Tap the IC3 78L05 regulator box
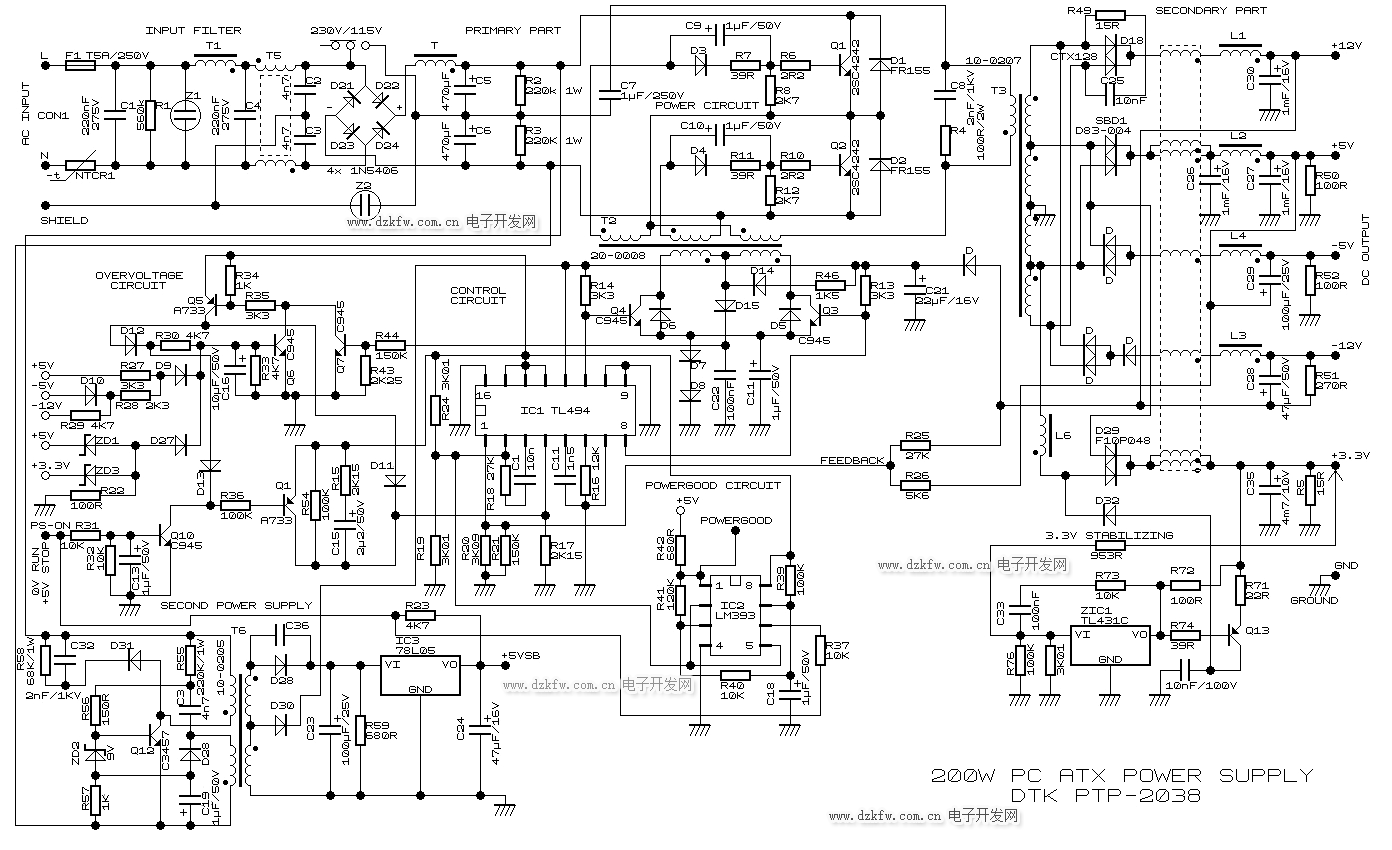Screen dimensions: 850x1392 420,675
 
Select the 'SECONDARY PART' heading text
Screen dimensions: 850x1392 1211,11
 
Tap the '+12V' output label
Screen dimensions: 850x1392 1347,46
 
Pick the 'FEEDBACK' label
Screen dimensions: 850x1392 852,460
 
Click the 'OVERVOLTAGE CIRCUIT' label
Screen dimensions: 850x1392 139,280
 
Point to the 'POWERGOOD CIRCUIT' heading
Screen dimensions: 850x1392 712,485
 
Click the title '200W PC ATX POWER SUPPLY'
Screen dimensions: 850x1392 1121,776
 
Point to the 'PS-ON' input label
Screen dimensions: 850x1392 46,525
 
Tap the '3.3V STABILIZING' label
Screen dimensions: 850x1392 1109,535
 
